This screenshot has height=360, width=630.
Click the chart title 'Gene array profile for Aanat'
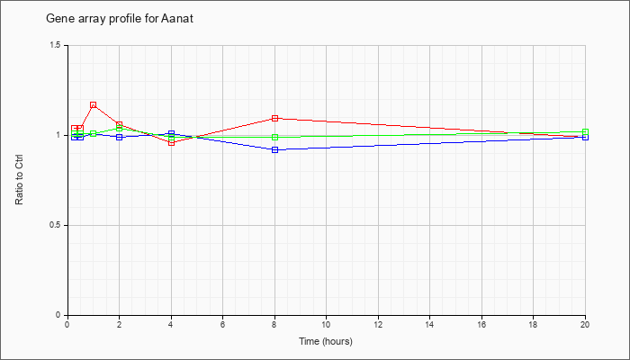click(x=120, y=19)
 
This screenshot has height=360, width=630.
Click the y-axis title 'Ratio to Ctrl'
click(x=19, y=180)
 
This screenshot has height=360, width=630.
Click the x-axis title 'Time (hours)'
click(x=326, y=341)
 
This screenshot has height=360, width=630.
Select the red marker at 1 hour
click(x=94, y=105)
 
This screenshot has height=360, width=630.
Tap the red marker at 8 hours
click(x=274, y=118)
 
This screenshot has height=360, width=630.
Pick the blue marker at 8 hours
click(x=274, y=150)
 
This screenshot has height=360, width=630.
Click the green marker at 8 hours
click(x=274, y=138)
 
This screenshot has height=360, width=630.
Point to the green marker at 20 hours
click(x=585, y=131)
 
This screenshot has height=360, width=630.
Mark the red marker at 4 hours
click(x=172, y=142)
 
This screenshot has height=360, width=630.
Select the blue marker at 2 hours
click(x=120, y=137)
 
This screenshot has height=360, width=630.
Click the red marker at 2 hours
click(x=120, y=125)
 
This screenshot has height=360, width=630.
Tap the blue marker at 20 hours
click(x=585, y=137)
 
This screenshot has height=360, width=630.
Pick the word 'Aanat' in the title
click(x=177, y=19)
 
